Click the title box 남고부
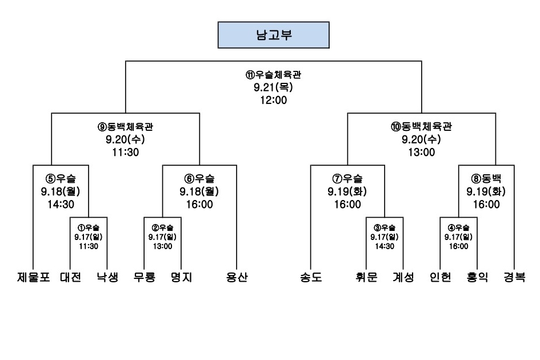pyautogui.click(x=273, y=35)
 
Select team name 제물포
pyautogui.click(x=33, y=278)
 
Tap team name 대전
pyautogui.click(x=70, y=278)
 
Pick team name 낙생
pyautogui.click(x=107, y=278)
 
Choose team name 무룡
pyautogui.click(x=144, y=278)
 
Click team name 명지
pyautogui.click(x=181, y=278)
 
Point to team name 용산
pyautogui.click(x=237, y=278)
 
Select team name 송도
pyautogui.click(x=311, y=278)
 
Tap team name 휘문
pyautogui.click(x=366, y=278)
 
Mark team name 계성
pyautogui.click(x=403, y=278)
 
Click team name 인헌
pyautogui.click(x=441, y=278)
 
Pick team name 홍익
pyautogui.click(x=477, y=278)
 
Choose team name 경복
pyautogui.click(x=514, y=278)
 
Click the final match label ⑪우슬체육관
pyautogui.click(x=273, y=75)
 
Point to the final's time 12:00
pyautogui.click(x=273, y=100)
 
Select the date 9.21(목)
pyautogui.click(x=273, y=87)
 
